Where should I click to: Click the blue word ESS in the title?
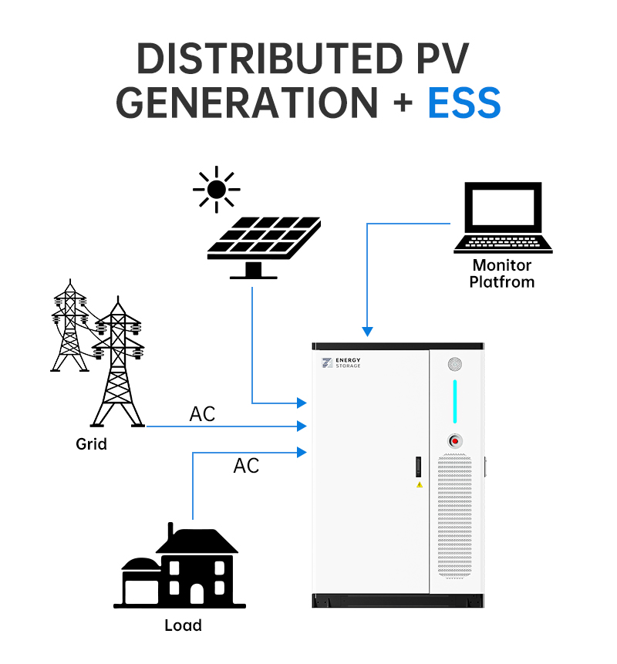[464, 103]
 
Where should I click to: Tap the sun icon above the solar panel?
[216, 189]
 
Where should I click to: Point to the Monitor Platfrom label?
[503, 274]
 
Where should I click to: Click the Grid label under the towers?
[91, 444]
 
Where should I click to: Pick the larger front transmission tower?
[119, 362]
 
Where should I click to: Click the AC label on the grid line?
[203, 414]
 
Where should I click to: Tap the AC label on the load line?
[246, 466]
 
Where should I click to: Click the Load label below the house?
[183, 625]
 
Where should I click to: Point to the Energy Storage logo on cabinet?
[342, 362]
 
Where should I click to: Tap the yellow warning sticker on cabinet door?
[420, 485]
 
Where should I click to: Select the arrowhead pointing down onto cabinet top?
[367, 332]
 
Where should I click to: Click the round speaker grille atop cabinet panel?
[455, 364]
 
